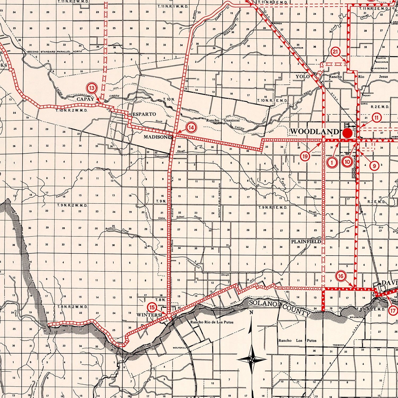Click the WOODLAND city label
(x=314, y=131)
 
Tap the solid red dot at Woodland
(x=348, y=133)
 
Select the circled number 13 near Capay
(x=92, y=88)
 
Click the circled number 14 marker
(x=191, y=128)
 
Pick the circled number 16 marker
(x=341, y=276)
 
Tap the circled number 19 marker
(x=305, y=156)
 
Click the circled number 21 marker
(x=336, y=52)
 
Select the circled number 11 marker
(x=377, y=118)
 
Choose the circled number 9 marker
(x=374, y=166)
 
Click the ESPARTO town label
(x=144, y=114)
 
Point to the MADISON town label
(x=155, y=137)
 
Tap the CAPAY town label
(x=85, y=99)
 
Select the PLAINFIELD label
(x=306, y=242)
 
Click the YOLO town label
(x=303, y=77)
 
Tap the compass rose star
(x=252, y=360)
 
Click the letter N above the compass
(x=251, y=313)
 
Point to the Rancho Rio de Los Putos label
(x=212, y=322)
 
